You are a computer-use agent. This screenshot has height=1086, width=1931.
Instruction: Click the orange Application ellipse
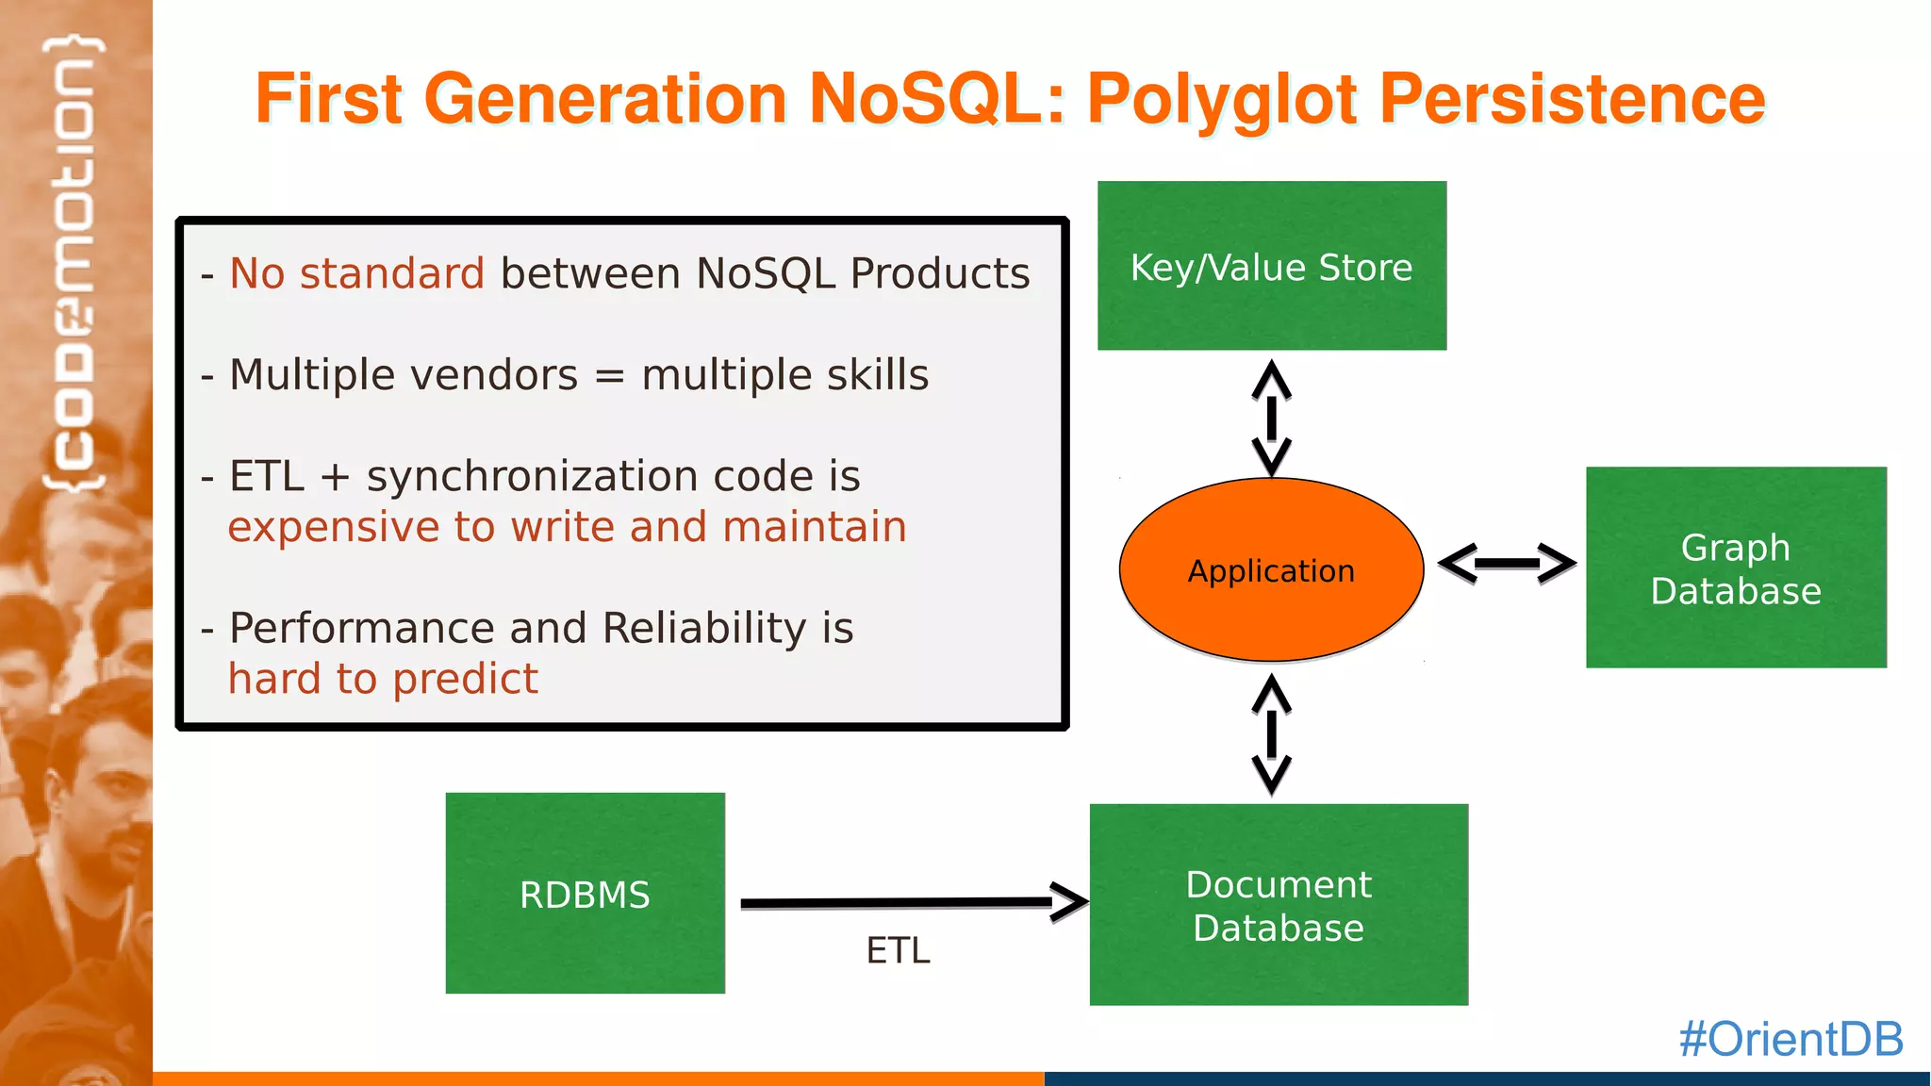click(x=1271, y=569)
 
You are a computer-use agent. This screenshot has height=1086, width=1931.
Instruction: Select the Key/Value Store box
click(x=1271, y=266)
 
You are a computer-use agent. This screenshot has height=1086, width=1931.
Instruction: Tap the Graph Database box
click(x=1736, y=568)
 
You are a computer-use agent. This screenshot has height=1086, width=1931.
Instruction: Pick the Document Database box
click(x=1279, y=905)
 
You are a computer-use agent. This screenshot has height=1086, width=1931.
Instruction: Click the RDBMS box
click(x=585, y=894)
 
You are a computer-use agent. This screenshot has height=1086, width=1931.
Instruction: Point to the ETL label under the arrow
click(x=898, y=950)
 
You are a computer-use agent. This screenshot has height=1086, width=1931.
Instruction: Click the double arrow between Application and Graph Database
click(x=1507, y=564)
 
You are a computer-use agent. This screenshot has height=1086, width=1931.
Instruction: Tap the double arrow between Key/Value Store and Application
click(x=1271, y=418)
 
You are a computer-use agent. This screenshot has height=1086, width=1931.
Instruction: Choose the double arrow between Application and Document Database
click(x=1271, y=734)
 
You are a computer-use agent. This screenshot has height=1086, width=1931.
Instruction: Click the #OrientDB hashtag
click(x=1791, y=1039)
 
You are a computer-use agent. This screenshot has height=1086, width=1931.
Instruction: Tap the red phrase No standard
click(x=356, y=273)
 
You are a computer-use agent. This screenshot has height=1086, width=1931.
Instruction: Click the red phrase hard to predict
click(x=383, y=679)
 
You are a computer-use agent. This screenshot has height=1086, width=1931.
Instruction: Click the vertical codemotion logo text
click(x=74, y=264)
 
